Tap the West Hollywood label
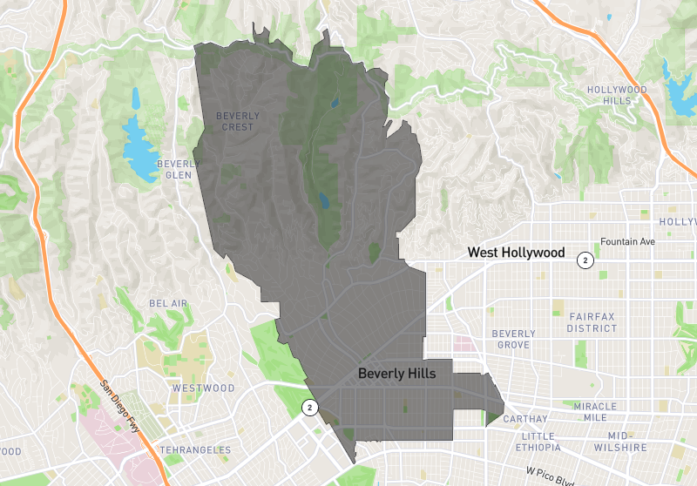click(x=516, y=253)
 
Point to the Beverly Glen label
click(x=179, y=169)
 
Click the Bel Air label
click(x=168, y=303)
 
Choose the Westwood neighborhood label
click(x=203, y=388)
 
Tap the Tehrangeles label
click(x=196, y=450)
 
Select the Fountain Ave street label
click(x=627, y=242)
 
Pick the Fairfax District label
click(x=592, y=322)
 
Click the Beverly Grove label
click(x=513, y=339)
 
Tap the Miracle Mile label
click(x=595, y=412)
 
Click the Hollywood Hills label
click(x=617, y=95)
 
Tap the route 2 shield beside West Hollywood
click(x=586, y=260)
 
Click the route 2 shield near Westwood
click(x=308, y=407)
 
